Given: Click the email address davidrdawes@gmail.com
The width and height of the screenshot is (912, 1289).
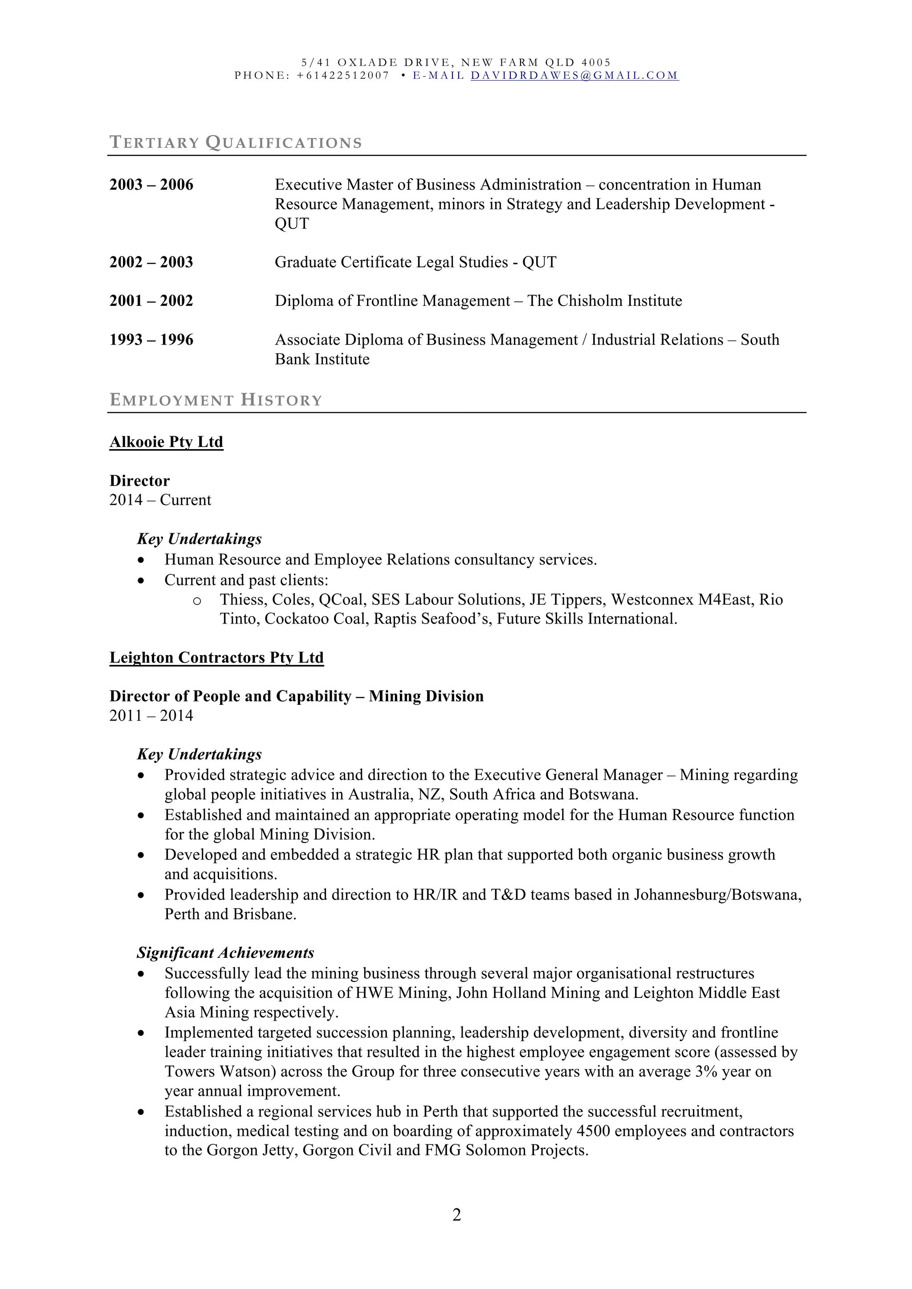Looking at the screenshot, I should tap(574, 76).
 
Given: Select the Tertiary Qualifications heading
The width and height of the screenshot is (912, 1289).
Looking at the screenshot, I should tap(236, 142).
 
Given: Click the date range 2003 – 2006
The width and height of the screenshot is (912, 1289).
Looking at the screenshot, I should tap(151, 185).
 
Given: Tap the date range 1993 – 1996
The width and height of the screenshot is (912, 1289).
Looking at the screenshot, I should tap(151, 340).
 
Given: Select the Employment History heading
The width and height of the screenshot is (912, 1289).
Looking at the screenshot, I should tap(216, 400).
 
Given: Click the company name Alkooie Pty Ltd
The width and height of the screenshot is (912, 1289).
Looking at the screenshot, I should tap(166, 442).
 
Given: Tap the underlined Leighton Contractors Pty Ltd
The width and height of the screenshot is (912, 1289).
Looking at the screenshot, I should tap(216, 657).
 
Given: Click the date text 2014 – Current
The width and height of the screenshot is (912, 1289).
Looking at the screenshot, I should tap(160, 500).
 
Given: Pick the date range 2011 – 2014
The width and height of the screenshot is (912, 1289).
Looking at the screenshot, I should tap(151, 715).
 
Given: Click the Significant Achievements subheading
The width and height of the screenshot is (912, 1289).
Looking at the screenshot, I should tap(225, 953).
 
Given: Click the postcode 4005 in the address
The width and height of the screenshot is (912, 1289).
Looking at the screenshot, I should tap(596, 62).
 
